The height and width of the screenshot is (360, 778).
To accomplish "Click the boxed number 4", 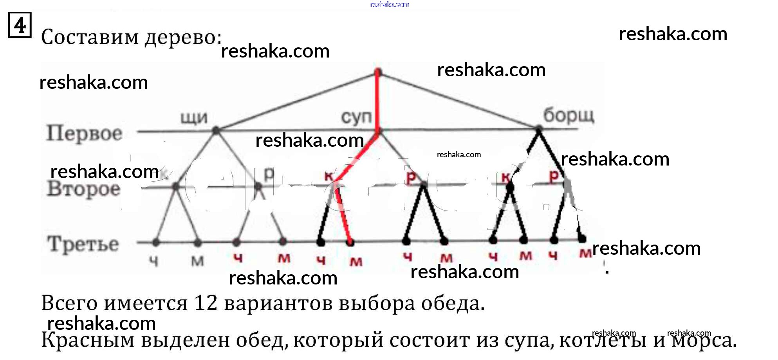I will pos(20,25).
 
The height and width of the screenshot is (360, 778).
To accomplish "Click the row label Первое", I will pos(84,133).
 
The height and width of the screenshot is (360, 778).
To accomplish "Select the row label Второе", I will pos(83,189).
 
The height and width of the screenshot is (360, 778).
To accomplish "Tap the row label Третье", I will pos(83,244).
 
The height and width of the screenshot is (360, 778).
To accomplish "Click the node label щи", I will pos(194,117).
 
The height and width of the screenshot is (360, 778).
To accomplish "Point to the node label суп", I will pos(356,117).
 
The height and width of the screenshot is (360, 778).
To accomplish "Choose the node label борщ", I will pos(569,115).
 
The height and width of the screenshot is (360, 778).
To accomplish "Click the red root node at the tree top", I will pos(378,72).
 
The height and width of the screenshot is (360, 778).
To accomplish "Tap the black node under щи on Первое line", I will pos(216,131).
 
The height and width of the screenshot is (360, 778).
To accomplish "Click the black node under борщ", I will pos(539,129).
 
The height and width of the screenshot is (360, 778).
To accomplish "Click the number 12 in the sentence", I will pos(206,303).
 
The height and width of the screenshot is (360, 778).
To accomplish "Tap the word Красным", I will pos(88,340).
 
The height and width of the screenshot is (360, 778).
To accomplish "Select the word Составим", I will pos(90,38).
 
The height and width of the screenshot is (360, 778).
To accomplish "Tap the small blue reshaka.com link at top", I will pos(389,4).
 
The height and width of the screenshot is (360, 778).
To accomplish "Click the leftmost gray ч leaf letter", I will pos(154,260).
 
